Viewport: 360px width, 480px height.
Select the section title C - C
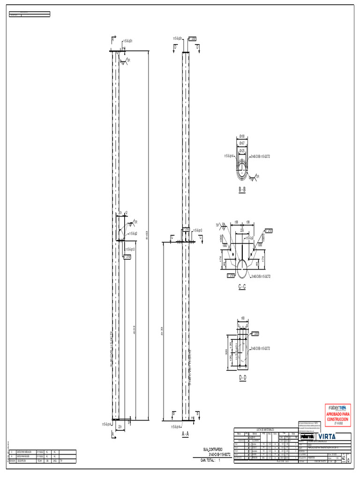pos(242,286)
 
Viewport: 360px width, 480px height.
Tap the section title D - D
pos(242,378)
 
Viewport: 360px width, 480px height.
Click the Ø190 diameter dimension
pos(242,137)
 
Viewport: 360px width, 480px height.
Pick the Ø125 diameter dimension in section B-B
pos(242,151)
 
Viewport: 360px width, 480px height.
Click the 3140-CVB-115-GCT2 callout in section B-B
pos(261,156)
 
